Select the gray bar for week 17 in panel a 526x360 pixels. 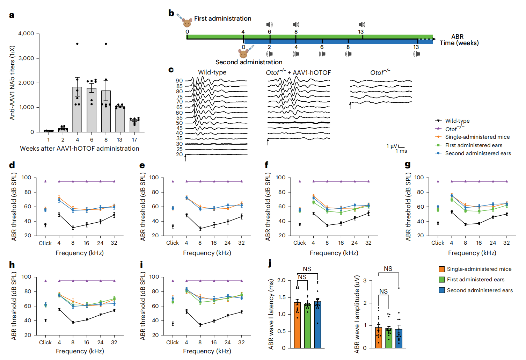pyautogui.click(x=134, y=126)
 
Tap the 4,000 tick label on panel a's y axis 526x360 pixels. pyautogui.click(x=26, y=34)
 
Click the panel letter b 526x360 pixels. pyautogui.click(x=171, y=13)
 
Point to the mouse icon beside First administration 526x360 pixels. pyautogui.click(x=187, y=23)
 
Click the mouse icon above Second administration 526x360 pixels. pyautogui.click(x=243, y=54)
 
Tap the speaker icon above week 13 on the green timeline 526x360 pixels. pyautogui.click(x=362, y=24)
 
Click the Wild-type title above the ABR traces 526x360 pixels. pyautogui.click(x=212, y=72)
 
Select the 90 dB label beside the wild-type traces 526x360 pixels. pyautogui.click(x=179, y=81)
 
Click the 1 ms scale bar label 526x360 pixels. pyautogui.click(x=401, y=151)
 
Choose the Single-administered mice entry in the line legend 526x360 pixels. pyautogui.click(x=477, y=137)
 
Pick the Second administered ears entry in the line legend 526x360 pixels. pyautogui.click(x=478, y=153)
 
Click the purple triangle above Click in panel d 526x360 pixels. pyautogui.click(x=45, y=181)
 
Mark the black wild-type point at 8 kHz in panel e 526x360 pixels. pyautogui.click(x=200, y=229)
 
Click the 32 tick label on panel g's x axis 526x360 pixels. pyautogui.click(x=506, y=243)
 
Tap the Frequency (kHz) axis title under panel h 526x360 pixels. pyautogui.click(x=80, y=351)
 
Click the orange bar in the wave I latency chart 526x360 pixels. pyautogui.click(x=297, y=325)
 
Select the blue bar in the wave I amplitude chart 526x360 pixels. pyautogui.click(x=399, y=338)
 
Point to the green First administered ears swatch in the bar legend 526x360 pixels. pyautogui.click(x=442, y=280)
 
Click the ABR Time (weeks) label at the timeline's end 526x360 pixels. pyautogui.click(x=459, y=40)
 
